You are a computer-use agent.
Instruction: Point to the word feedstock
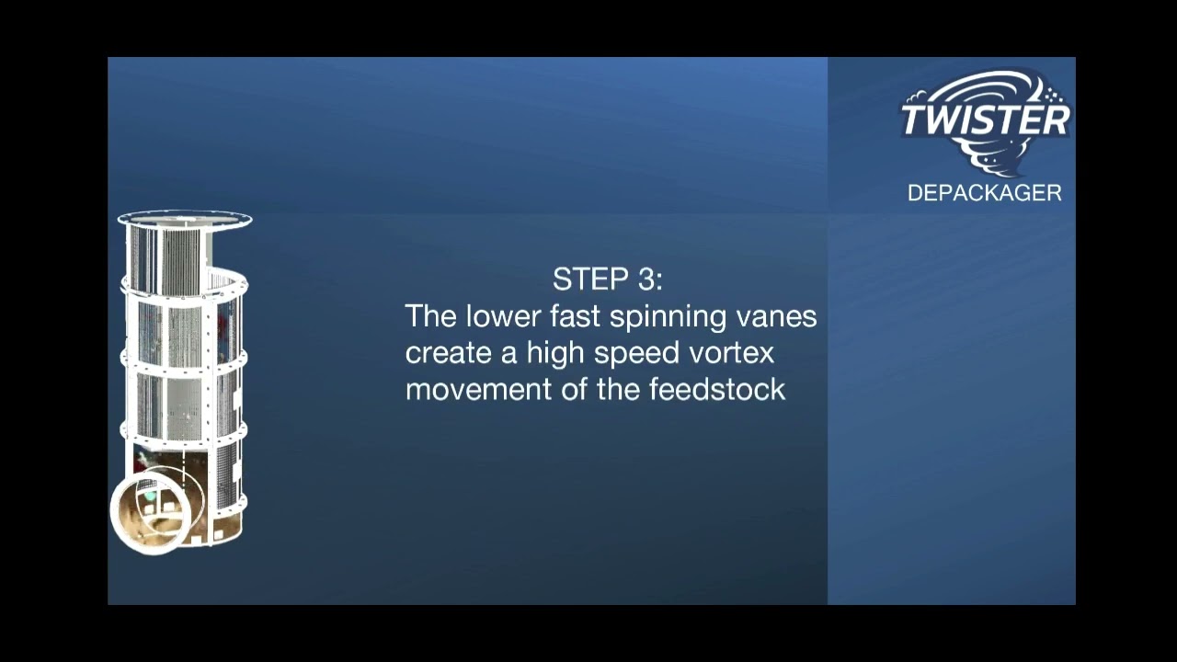point(717,389)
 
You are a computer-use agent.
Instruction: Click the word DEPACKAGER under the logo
point(984,193)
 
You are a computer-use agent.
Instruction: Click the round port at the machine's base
point(150,510)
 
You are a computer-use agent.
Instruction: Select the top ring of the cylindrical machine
point(185,220)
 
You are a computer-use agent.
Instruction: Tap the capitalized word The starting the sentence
point(431,316)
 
